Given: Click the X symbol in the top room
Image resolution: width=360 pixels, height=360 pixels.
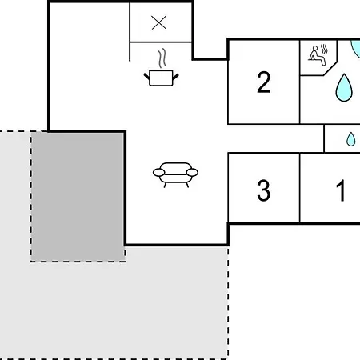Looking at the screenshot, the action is point(158,22).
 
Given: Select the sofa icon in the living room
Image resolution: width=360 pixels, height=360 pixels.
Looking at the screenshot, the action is point(175,174).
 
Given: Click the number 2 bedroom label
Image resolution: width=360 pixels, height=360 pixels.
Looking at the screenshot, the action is point(264,82).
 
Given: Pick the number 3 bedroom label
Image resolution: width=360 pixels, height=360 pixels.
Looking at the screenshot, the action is point(264,190).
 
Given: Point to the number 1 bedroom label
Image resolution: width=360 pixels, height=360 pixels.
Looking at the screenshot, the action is point(341,190).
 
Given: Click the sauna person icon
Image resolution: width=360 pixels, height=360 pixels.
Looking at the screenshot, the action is point(318,55).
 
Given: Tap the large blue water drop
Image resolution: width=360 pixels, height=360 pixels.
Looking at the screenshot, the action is point(344,88).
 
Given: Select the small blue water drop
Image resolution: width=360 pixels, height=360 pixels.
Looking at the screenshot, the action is point(350,139).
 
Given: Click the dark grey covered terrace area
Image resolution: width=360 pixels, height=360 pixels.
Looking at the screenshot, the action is point(78,197).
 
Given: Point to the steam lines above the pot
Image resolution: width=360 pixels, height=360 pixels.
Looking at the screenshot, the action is point(162,58).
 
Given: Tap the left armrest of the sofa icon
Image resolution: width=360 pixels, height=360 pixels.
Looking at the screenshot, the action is point(158,173).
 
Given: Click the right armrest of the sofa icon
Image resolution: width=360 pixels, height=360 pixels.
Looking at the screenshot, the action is point(192,173).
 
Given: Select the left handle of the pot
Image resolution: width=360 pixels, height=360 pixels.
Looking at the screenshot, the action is point(147,77).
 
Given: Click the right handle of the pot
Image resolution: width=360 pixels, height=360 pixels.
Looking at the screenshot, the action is point(176,77).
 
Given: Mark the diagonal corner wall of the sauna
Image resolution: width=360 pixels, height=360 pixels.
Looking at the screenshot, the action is point(330,69).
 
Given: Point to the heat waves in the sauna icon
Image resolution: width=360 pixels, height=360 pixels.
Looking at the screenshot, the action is point(324,49).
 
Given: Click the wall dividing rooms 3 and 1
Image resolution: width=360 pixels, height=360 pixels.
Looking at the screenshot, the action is point(300,188).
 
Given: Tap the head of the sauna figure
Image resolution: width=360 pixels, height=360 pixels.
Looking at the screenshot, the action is point(315,48).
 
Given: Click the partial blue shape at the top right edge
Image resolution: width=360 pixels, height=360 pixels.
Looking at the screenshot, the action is point(356,48).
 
